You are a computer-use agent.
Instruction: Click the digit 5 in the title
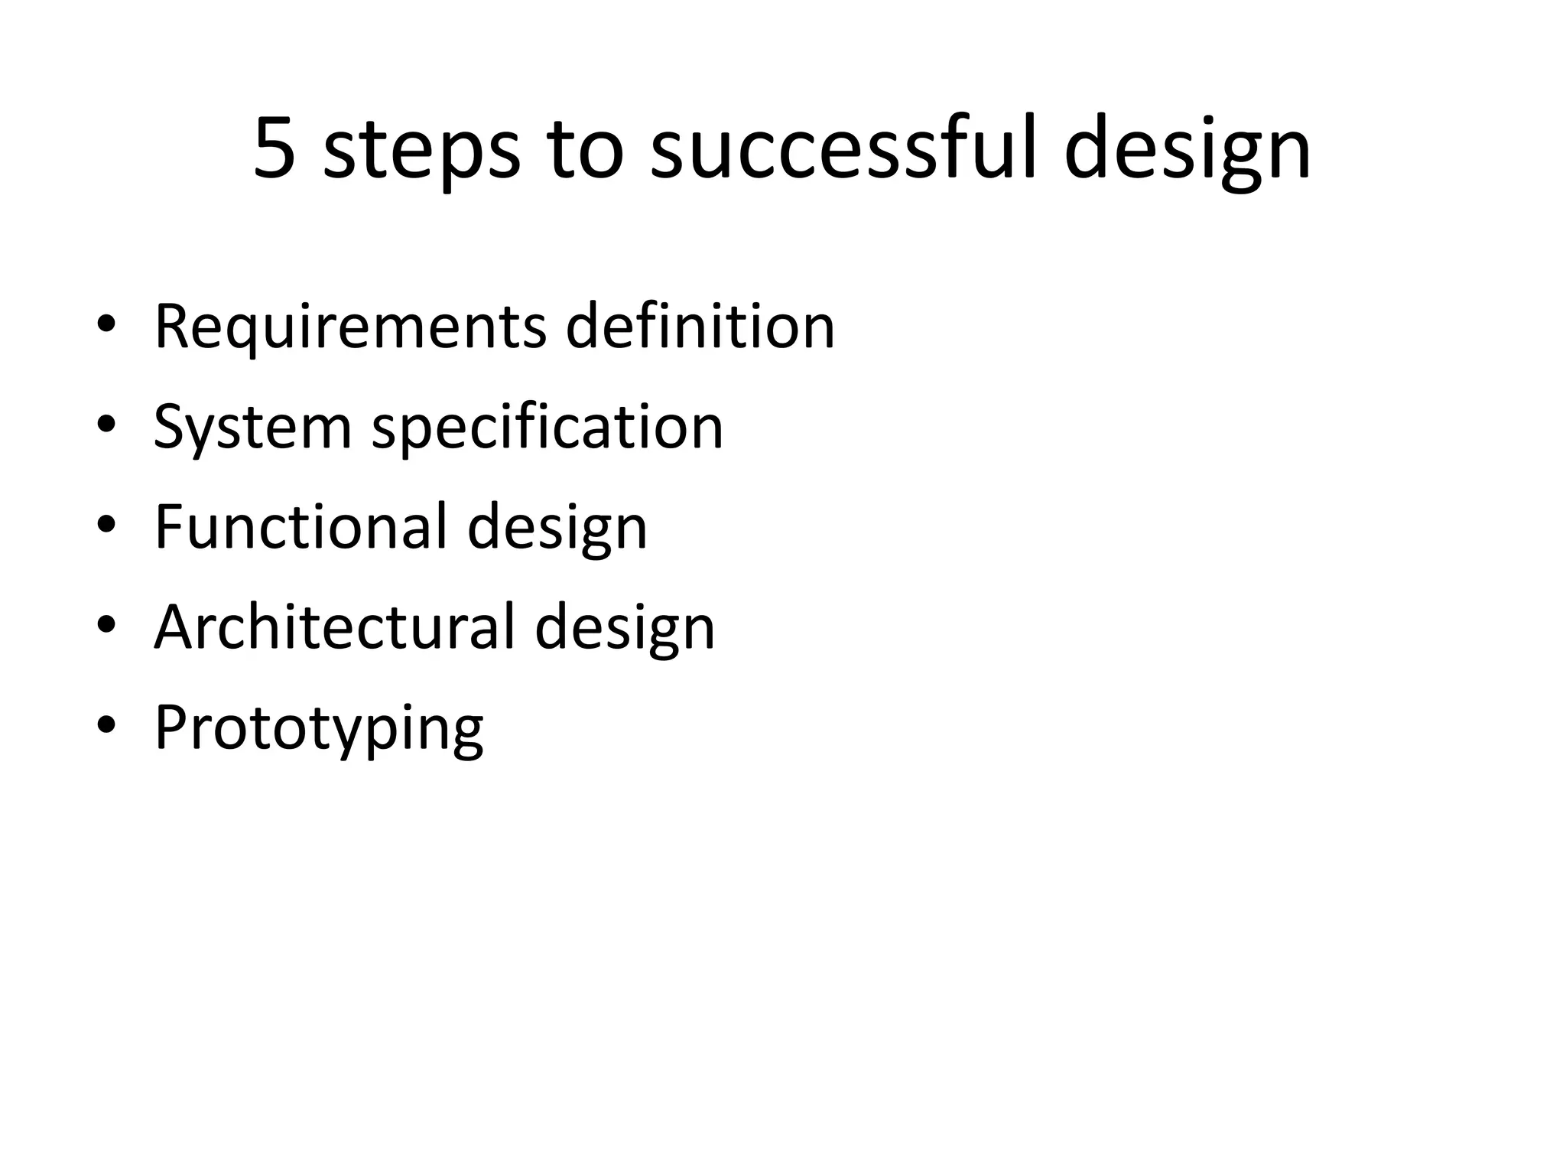[275, 149]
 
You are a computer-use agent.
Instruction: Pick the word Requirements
[350, 327]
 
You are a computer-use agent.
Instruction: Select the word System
[252, 428]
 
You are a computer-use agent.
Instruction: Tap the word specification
[547, 428]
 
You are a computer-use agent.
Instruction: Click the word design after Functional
[557, 529]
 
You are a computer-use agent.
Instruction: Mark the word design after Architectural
[625, 630]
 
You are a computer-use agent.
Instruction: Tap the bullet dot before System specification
[106, 425]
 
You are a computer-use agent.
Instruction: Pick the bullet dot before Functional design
[106, 526]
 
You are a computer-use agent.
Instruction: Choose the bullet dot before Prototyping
[106, 726]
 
